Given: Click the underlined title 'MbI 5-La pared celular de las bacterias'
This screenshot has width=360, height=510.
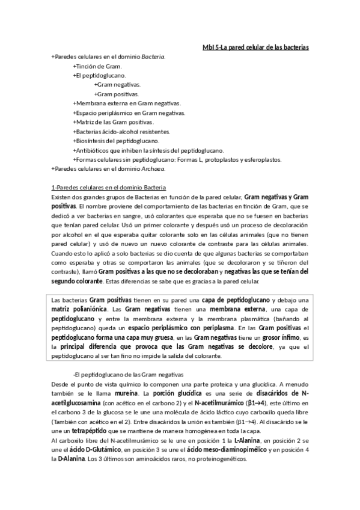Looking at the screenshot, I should [255, 47].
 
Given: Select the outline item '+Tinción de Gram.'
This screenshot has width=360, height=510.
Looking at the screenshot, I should [97, 66].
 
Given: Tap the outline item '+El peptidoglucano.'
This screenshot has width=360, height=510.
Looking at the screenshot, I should [99, 75].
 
